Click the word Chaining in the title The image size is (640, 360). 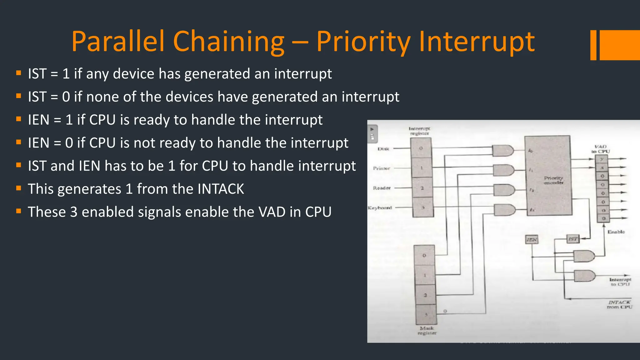(228, 42)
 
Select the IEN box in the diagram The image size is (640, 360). (532, 240)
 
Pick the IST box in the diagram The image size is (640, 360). (573, 239)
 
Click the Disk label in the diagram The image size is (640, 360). (383, 149)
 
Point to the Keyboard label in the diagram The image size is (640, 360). (380, 208)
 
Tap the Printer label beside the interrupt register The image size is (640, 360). (382, 168)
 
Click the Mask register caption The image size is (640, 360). (427, 331)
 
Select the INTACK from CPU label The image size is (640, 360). (619, 305)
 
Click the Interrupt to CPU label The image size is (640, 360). (620, 282)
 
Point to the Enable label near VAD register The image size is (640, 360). (616, 232)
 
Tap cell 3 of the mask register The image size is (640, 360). (426, 314)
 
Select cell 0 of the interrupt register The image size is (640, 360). (421, 148)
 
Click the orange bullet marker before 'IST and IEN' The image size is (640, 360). (19, 165)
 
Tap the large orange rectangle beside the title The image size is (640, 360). (620, 45)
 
